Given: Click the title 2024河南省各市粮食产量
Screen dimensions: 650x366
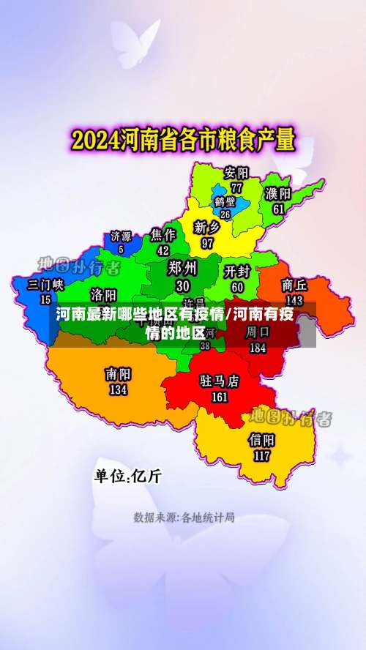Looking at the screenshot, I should point(182,139).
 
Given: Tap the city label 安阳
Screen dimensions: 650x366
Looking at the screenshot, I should point(236,173).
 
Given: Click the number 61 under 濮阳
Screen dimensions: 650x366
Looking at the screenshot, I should point(278,209).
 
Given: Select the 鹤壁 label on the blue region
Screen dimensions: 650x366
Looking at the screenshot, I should point(225,201).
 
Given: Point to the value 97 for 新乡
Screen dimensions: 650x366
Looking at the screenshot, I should point(207,242).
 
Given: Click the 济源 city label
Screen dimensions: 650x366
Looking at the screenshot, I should point(121,236).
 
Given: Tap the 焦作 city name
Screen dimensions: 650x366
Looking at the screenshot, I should point(163,235).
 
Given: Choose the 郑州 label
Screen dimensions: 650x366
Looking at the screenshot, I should point(182,267).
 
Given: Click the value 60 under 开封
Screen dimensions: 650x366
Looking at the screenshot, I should point(237,288).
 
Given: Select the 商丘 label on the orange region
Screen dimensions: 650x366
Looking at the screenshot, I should point(294,285).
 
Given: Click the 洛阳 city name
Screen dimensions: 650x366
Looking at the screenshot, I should point(103,294).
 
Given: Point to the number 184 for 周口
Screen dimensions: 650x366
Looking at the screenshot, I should point(257,348).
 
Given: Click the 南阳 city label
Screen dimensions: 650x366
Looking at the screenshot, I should point(118,373).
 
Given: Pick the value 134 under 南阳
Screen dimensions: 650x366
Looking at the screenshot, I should point(118,389).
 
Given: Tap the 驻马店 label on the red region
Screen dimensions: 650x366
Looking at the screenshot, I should point(220,381).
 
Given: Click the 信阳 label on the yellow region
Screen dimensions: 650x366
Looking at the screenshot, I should point(261,440).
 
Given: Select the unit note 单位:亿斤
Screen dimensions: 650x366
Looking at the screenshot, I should point(127,475).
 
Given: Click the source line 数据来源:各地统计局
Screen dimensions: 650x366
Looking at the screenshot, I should point(184,518).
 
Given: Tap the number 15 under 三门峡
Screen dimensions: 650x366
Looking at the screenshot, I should point(45,299).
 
